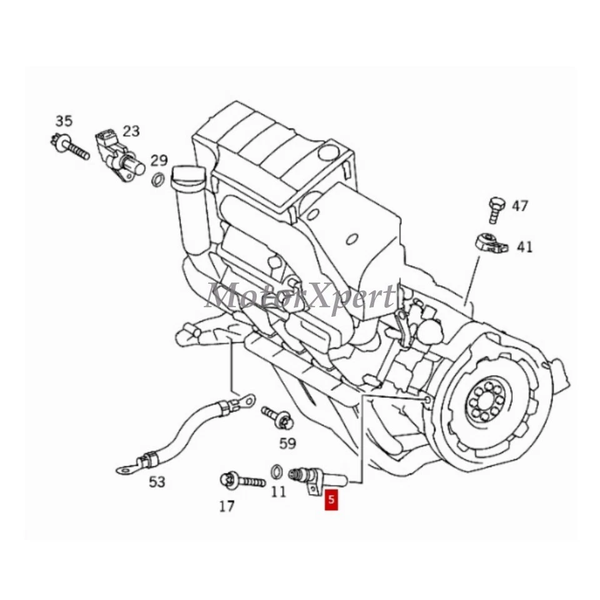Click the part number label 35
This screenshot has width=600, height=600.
[x=64, y=121]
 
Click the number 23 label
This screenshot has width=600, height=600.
[x=131, y=131]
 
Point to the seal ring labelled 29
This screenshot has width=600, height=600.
[x=159, y=181]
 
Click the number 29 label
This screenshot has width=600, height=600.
[x=159, y=160]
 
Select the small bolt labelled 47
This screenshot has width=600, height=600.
[x=496, y=209]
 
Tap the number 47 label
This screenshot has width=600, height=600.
[x=520, y=206]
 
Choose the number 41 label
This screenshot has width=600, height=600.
[x=524, y=247]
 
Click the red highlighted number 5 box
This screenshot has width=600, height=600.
[x=331, y=500]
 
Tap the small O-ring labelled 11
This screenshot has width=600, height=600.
[x=276, y=471]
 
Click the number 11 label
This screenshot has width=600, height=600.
[x=278, y=492]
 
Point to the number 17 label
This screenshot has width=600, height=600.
[x=227, y=506]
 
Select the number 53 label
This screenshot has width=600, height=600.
[x=157, y=482]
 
